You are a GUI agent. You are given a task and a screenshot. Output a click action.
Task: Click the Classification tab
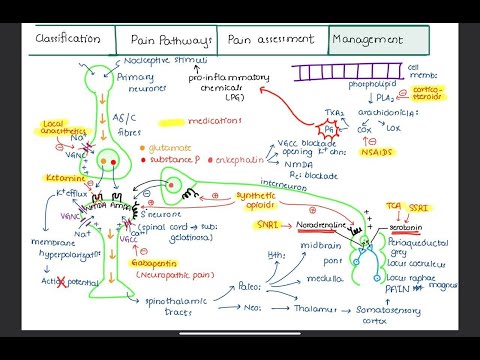pos(68,39)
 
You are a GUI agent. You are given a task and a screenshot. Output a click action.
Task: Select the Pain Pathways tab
pos(171,40)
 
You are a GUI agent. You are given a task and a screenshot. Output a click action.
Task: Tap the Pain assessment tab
pos(270,39)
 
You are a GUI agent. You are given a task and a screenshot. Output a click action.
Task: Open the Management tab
pos(369,40)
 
